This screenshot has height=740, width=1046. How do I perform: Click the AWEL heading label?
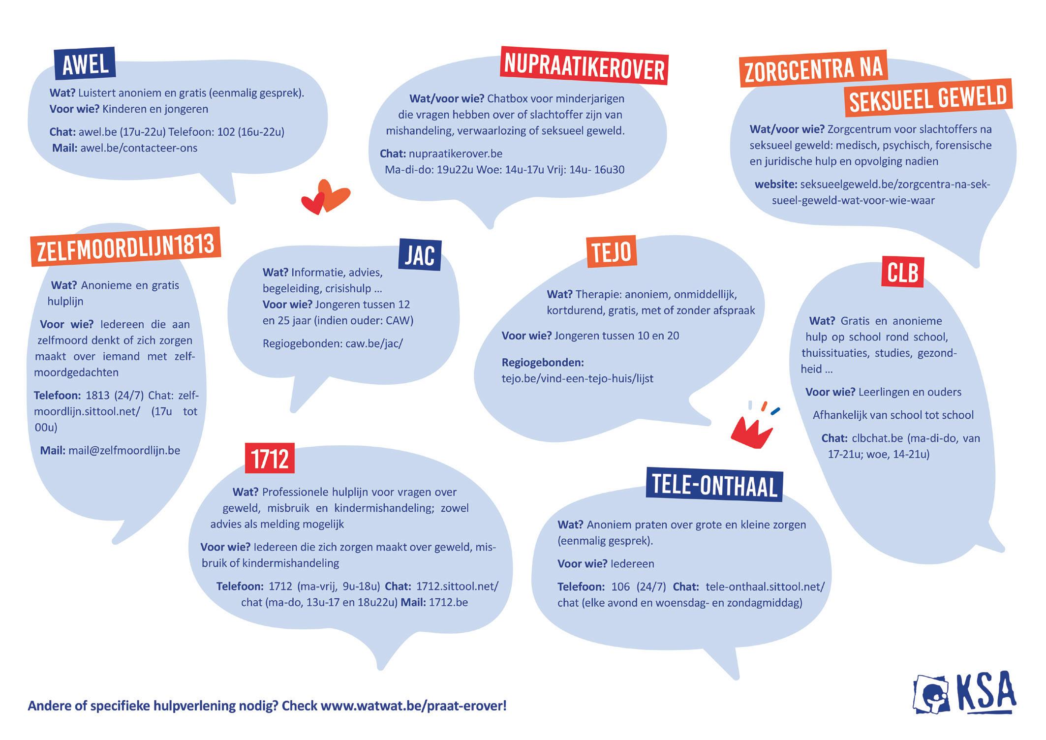tap(85, 64)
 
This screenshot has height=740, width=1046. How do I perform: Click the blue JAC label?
tap(420, 255)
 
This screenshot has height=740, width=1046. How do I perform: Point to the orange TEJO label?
tap(612, 252)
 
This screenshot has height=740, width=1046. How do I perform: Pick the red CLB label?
tap(903, 272)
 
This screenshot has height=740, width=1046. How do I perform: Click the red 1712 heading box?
tap(270, 459)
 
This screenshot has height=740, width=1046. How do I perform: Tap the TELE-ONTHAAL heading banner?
tap(714, 485)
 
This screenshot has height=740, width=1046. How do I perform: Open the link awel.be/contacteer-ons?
tap(139, 148)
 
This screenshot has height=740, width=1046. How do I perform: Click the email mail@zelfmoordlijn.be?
tap(124, 450)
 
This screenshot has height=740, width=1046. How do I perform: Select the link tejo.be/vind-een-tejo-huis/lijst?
tap(577, 379)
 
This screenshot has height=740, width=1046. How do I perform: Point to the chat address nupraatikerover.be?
tap(456, 154)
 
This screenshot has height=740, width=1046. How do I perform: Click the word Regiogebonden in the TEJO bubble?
tap(543, 363)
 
